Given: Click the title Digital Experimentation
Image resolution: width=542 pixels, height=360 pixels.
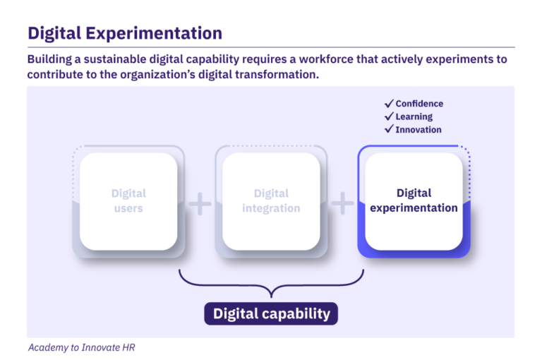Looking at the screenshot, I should tap(125, 32).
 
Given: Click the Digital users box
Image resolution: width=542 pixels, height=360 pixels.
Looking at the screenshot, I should tap(128, 201).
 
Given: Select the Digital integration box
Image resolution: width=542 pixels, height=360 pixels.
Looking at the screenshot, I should tap(271, 201).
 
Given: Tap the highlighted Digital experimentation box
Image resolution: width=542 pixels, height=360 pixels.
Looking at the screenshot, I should tap(414, 201).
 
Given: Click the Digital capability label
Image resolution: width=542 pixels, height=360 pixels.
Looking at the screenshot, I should tap(271, 313).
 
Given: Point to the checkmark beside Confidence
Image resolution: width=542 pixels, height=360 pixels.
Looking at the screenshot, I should tap(388, 104).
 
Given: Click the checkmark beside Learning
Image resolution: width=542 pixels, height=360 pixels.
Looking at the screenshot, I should tap(388, 116).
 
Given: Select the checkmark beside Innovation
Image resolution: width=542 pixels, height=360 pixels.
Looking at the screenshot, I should tap(388, 129).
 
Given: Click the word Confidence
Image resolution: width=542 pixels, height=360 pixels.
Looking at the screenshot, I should tap(419, 104).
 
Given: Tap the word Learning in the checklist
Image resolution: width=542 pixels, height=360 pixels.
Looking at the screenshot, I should tap(414, 116).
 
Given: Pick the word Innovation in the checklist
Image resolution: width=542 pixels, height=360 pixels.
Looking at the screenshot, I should tap(418, 130).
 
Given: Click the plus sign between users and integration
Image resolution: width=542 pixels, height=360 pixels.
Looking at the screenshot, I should tap(200, 205).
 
